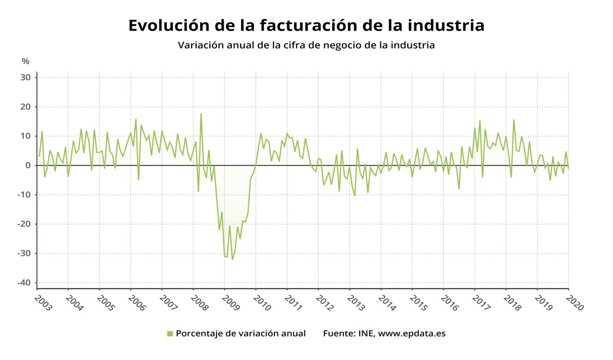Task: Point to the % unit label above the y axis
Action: click(x=26, y=61)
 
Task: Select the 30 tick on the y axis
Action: click(x=26, y=78)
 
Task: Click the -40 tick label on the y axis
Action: click(x=25, y=283)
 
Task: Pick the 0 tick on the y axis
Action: click(x=29, y=165)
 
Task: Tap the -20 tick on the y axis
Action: click(x=25, y=224)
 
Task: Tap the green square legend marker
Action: click(x=170, y=334)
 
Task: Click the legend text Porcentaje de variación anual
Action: click(x=241, y=333)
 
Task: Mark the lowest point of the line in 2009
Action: click(x=232, y=259)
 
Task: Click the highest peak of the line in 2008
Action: click(x=201, y=113)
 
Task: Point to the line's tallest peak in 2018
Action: click(x=513, y=120)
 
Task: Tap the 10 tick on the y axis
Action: click(x=26, y=136)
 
